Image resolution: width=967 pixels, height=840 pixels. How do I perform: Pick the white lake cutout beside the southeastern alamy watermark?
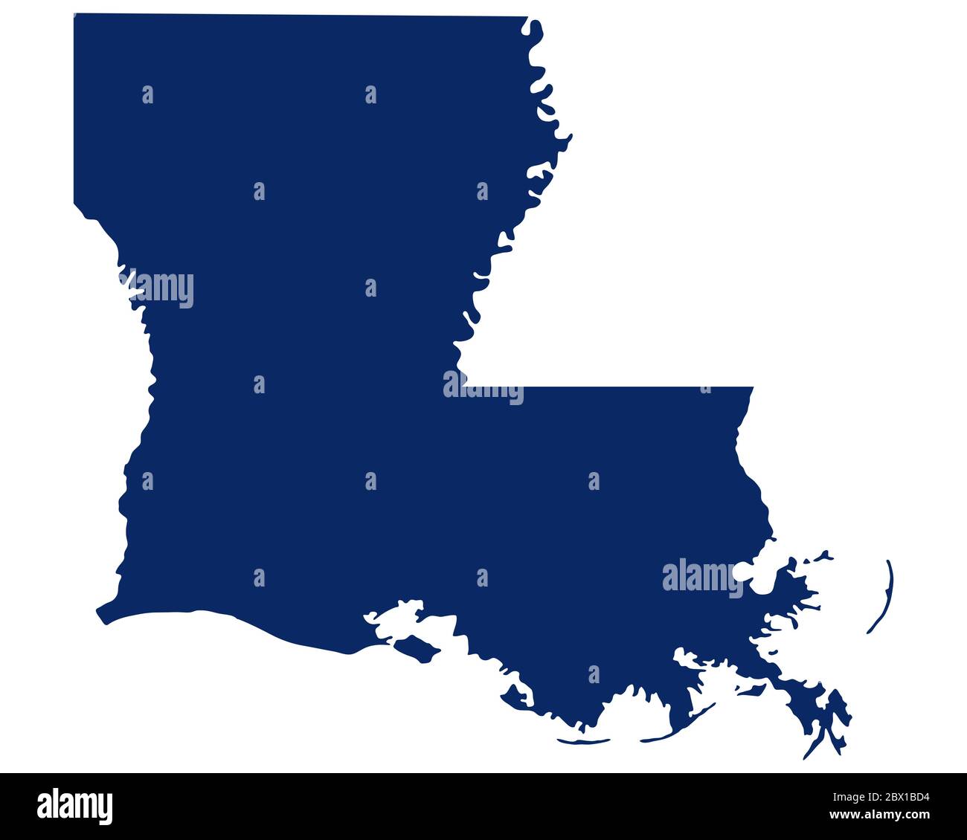click(744, 573)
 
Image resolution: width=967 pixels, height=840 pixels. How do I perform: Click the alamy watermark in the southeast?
click(701, 578)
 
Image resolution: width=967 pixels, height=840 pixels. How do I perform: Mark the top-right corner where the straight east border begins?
click(752, 389)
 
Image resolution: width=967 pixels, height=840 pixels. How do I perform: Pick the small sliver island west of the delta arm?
click(750, 691)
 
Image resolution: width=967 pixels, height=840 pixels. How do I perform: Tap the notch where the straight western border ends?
click(77, 204)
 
